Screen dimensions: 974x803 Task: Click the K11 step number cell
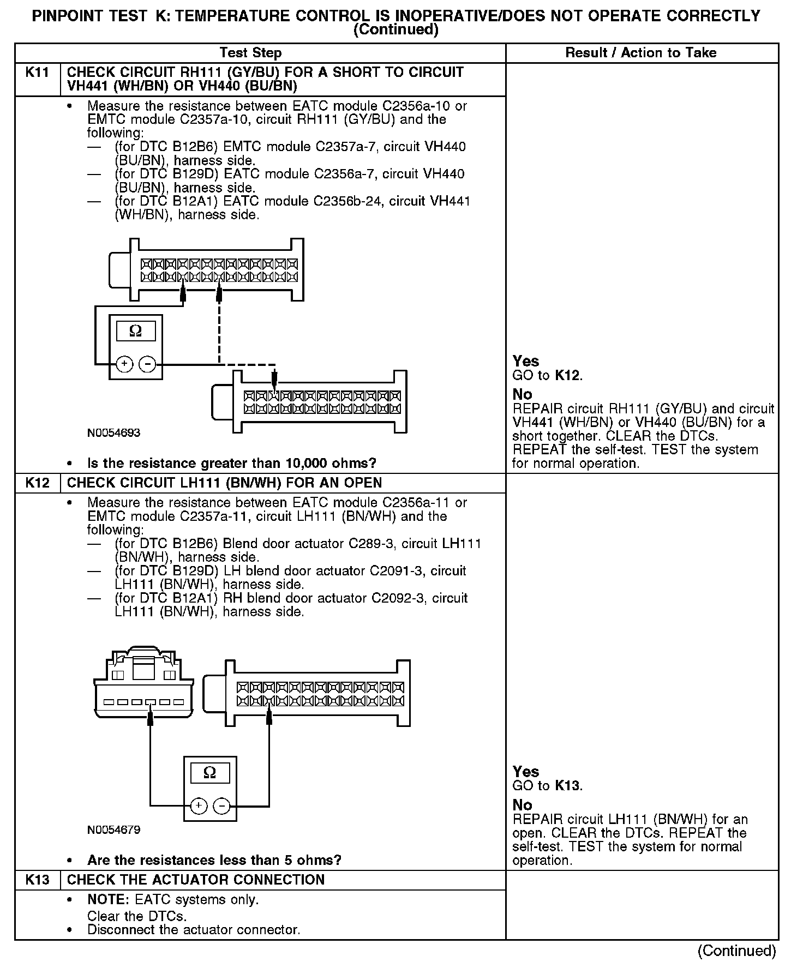pos(37,73)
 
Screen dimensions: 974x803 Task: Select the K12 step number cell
pos(37,483)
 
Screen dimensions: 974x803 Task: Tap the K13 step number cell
pos(37,880)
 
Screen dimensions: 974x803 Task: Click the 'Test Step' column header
pos(250,53)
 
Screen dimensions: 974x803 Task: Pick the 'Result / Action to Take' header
pos(641,53)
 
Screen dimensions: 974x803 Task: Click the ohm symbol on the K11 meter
pos(136,331)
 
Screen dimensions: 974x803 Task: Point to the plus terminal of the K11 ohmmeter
pos(124,364)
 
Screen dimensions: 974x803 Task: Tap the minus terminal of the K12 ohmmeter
pos(221,805)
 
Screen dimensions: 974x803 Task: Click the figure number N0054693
pos(113,433)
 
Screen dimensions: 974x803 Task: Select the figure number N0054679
pos(113,830)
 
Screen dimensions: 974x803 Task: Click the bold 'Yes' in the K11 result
pos(525,361)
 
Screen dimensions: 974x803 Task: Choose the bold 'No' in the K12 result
pos(522,805)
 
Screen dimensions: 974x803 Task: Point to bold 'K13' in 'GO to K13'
pos(567,786)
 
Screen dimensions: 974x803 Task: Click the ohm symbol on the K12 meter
pos(209,773)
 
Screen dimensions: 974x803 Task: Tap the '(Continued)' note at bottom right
pos(736,951)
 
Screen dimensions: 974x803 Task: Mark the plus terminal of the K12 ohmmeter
pos(199,805)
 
